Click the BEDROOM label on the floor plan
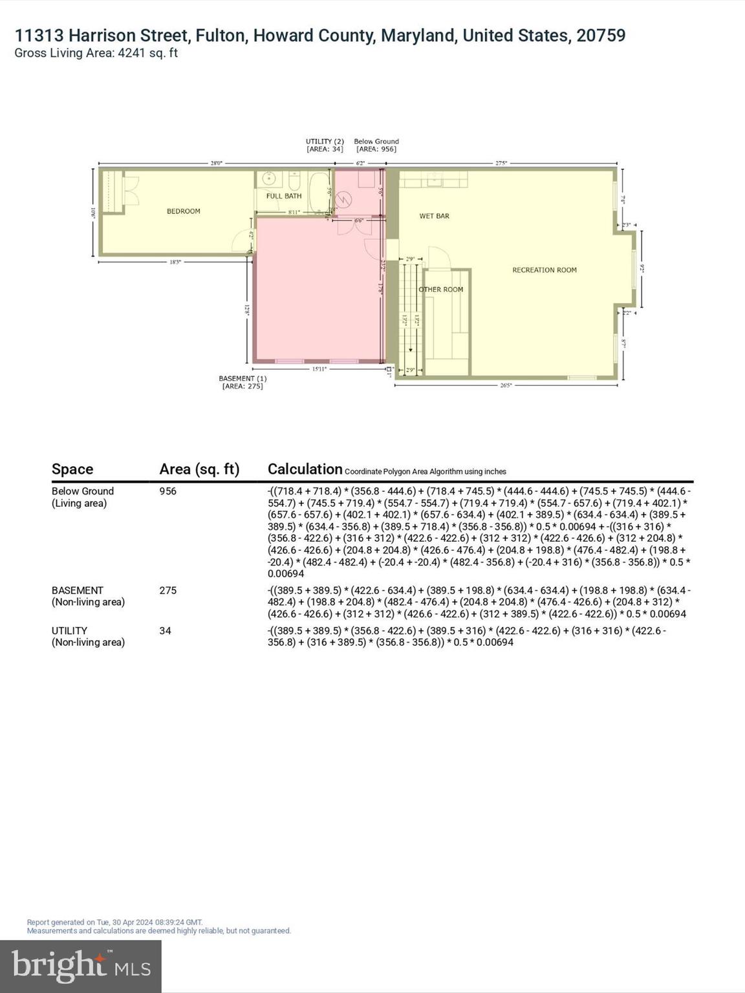pyautogui.click(x=183, y=211)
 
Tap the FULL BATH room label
pyautogui.click(x=284, y=196)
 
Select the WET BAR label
pyautogui.click(x=434, y=216)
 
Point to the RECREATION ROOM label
pyautogui.click(x=544, y=270)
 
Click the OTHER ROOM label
pyautogui.click(x=441, y=290)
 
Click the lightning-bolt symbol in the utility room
pyautogui.click(x=343, y=200)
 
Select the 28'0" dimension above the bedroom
pyautogui.click(x=216, y=164)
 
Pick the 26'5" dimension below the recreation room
pyautogui.click(x=505, y=385)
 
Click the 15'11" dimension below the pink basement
pyautogui.click(x=319, y=369)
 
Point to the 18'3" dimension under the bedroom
pyautogui.click(x=175, y=262)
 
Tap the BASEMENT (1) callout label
pyautogui.click(x=243, y=382)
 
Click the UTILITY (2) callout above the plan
pyautogui.click(x=325, y=145)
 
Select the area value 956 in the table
pyautogui.click(x=167, y=491)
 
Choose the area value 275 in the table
pyautogui.click(x=167, y=590)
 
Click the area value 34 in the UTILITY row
pyautogui.click(x=165, y=630)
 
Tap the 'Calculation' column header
pyautogui.click(x=305, y=469)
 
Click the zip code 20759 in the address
pyautogui.click(x=601, y=36)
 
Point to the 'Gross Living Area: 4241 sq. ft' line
pyautogui.click(x=96, y=53)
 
